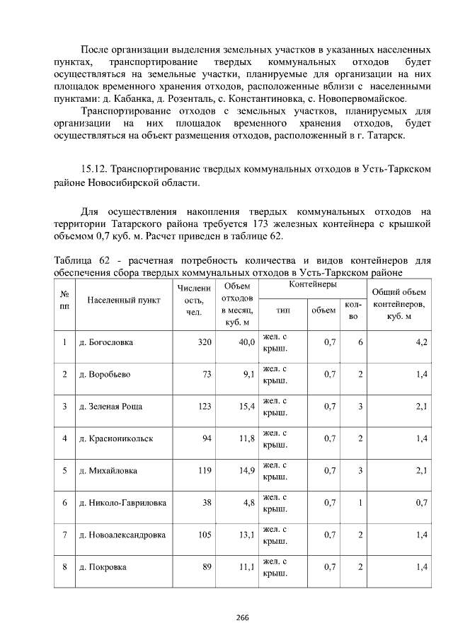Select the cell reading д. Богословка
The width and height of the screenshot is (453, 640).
point(105,342)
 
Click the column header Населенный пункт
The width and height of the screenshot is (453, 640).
point(121,300)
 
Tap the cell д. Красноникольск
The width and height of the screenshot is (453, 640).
point(115,438)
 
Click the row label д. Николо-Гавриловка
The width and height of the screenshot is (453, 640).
point(122,503)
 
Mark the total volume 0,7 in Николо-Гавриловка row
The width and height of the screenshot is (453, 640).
point(420,503)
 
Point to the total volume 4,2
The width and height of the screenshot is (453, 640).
point(422,342)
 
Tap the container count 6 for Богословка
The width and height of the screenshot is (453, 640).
point(360,342)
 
